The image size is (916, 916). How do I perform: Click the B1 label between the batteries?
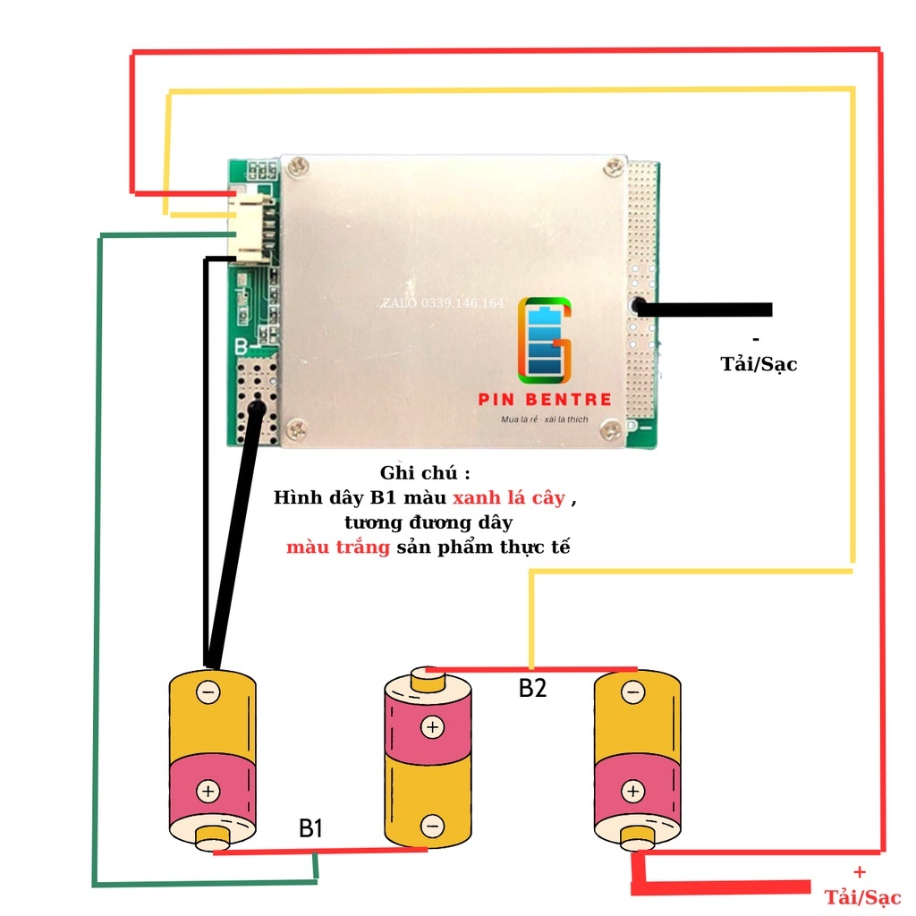click(310, 829)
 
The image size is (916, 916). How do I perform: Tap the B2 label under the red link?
click(532, 689)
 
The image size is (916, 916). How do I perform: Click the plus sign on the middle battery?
click(432, 727)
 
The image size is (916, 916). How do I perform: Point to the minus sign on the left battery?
click(208, 692)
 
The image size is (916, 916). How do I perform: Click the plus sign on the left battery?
click(208, 791)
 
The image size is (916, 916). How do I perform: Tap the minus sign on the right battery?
click(632, 692)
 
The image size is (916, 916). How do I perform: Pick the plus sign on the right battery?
click(632, 791)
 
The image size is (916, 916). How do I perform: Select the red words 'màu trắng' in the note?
click(338, 547)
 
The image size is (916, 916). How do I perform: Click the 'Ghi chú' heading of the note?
click(424, 472)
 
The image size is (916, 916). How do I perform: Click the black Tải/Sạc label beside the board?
click(759, 364)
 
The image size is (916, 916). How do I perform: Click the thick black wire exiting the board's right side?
click(707, 309)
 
